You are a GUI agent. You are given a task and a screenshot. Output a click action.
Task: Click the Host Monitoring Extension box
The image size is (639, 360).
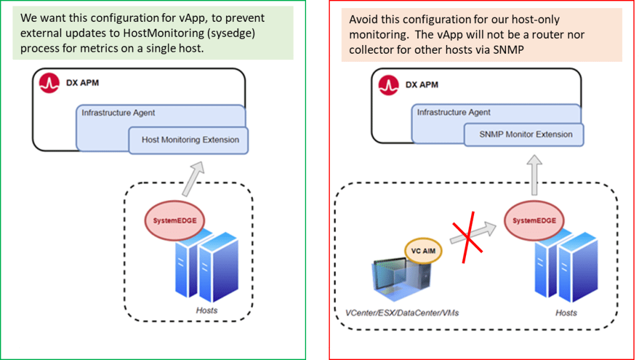coord(189,140)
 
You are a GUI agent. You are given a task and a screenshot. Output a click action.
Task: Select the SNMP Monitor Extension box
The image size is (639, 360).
coord(525,134)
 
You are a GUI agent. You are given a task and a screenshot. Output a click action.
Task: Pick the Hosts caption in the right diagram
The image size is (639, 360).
coord(566,312)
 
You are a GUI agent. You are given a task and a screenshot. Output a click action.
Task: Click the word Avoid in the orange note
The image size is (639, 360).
coord(363,19)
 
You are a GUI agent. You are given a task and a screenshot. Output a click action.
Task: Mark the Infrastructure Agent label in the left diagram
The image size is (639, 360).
coord(118,112)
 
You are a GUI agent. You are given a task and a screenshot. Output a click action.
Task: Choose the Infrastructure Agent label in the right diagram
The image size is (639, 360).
coord(453,112)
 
